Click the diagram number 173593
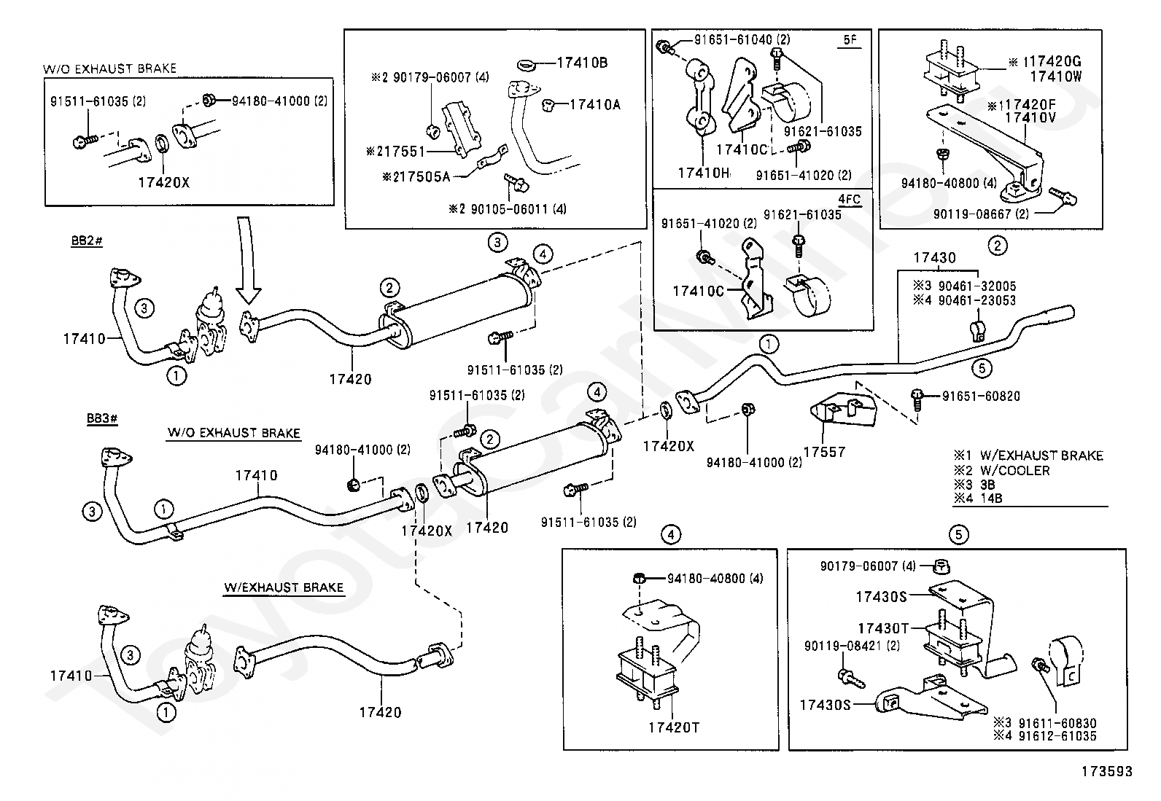1106,771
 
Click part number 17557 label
825,453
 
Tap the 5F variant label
850,40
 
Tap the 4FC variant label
850,199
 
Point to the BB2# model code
87,241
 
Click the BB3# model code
102,418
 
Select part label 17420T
673,727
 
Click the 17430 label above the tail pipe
934,257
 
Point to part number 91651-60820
981,396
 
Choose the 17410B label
582,63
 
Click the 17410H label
704,173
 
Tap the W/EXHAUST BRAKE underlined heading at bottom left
284,587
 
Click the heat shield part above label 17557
843,410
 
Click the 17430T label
882,628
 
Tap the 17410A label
595,105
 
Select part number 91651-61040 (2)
742,39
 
